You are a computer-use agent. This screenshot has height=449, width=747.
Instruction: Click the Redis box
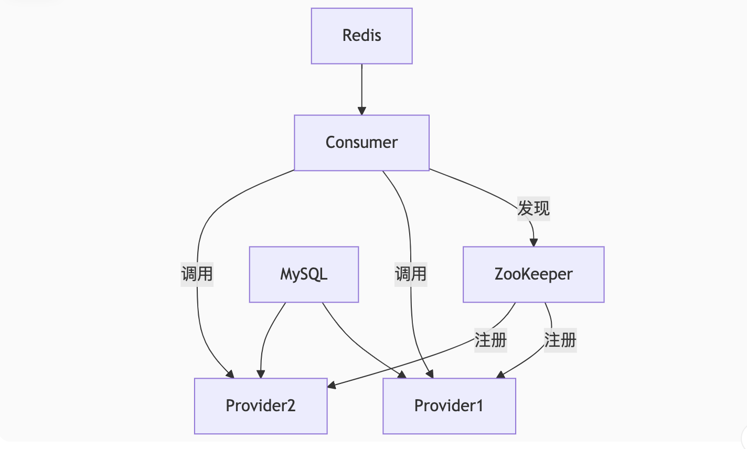pos(361,36)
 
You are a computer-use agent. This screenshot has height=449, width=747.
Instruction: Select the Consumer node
pos(361,143)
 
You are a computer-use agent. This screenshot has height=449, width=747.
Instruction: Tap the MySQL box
pos(304,274)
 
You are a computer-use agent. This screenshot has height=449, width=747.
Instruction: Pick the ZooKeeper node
pos(533,274)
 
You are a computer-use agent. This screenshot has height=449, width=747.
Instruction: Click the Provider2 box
pos(261,405)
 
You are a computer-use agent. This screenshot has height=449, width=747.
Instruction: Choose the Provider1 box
pos(449,405)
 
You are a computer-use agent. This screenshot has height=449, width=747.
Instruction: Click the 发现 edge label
pos(533,208)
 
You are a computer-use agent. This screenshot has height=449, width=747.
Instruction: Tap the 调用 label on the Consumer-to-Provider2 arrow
pos(197,274)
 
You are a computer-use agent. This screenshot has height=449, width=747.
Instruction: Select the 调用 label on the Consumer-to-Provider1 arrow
pos(411,274)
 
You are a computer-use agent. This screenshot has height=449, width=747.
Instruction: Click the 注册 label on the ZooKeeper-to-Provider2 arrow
pos(490,340)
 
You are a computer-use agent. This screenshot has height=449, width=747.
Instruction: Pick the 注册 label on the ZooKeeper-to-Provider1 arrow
pos(560,340)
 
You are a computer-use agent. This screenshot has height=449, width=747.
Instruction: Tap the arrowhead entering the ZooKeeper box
pos(533,242)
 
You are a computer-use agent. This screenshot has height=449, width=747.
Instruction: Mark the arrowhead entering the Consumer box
pos(361,111)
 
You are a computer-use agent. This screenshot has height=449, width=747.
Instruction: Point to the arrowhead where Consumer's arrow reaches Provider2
pos(230,374)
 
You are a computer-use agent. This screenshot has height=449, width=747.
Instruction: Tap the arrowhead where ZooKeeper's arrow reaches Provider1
pos(500,375)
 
